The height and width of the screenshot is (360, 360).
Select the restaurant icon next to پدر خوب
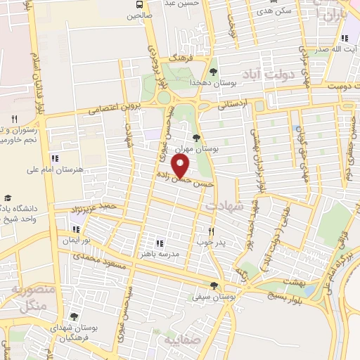tap(210, 231)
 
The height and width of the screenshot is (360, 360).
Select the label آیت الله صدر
tap(326, 51)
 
